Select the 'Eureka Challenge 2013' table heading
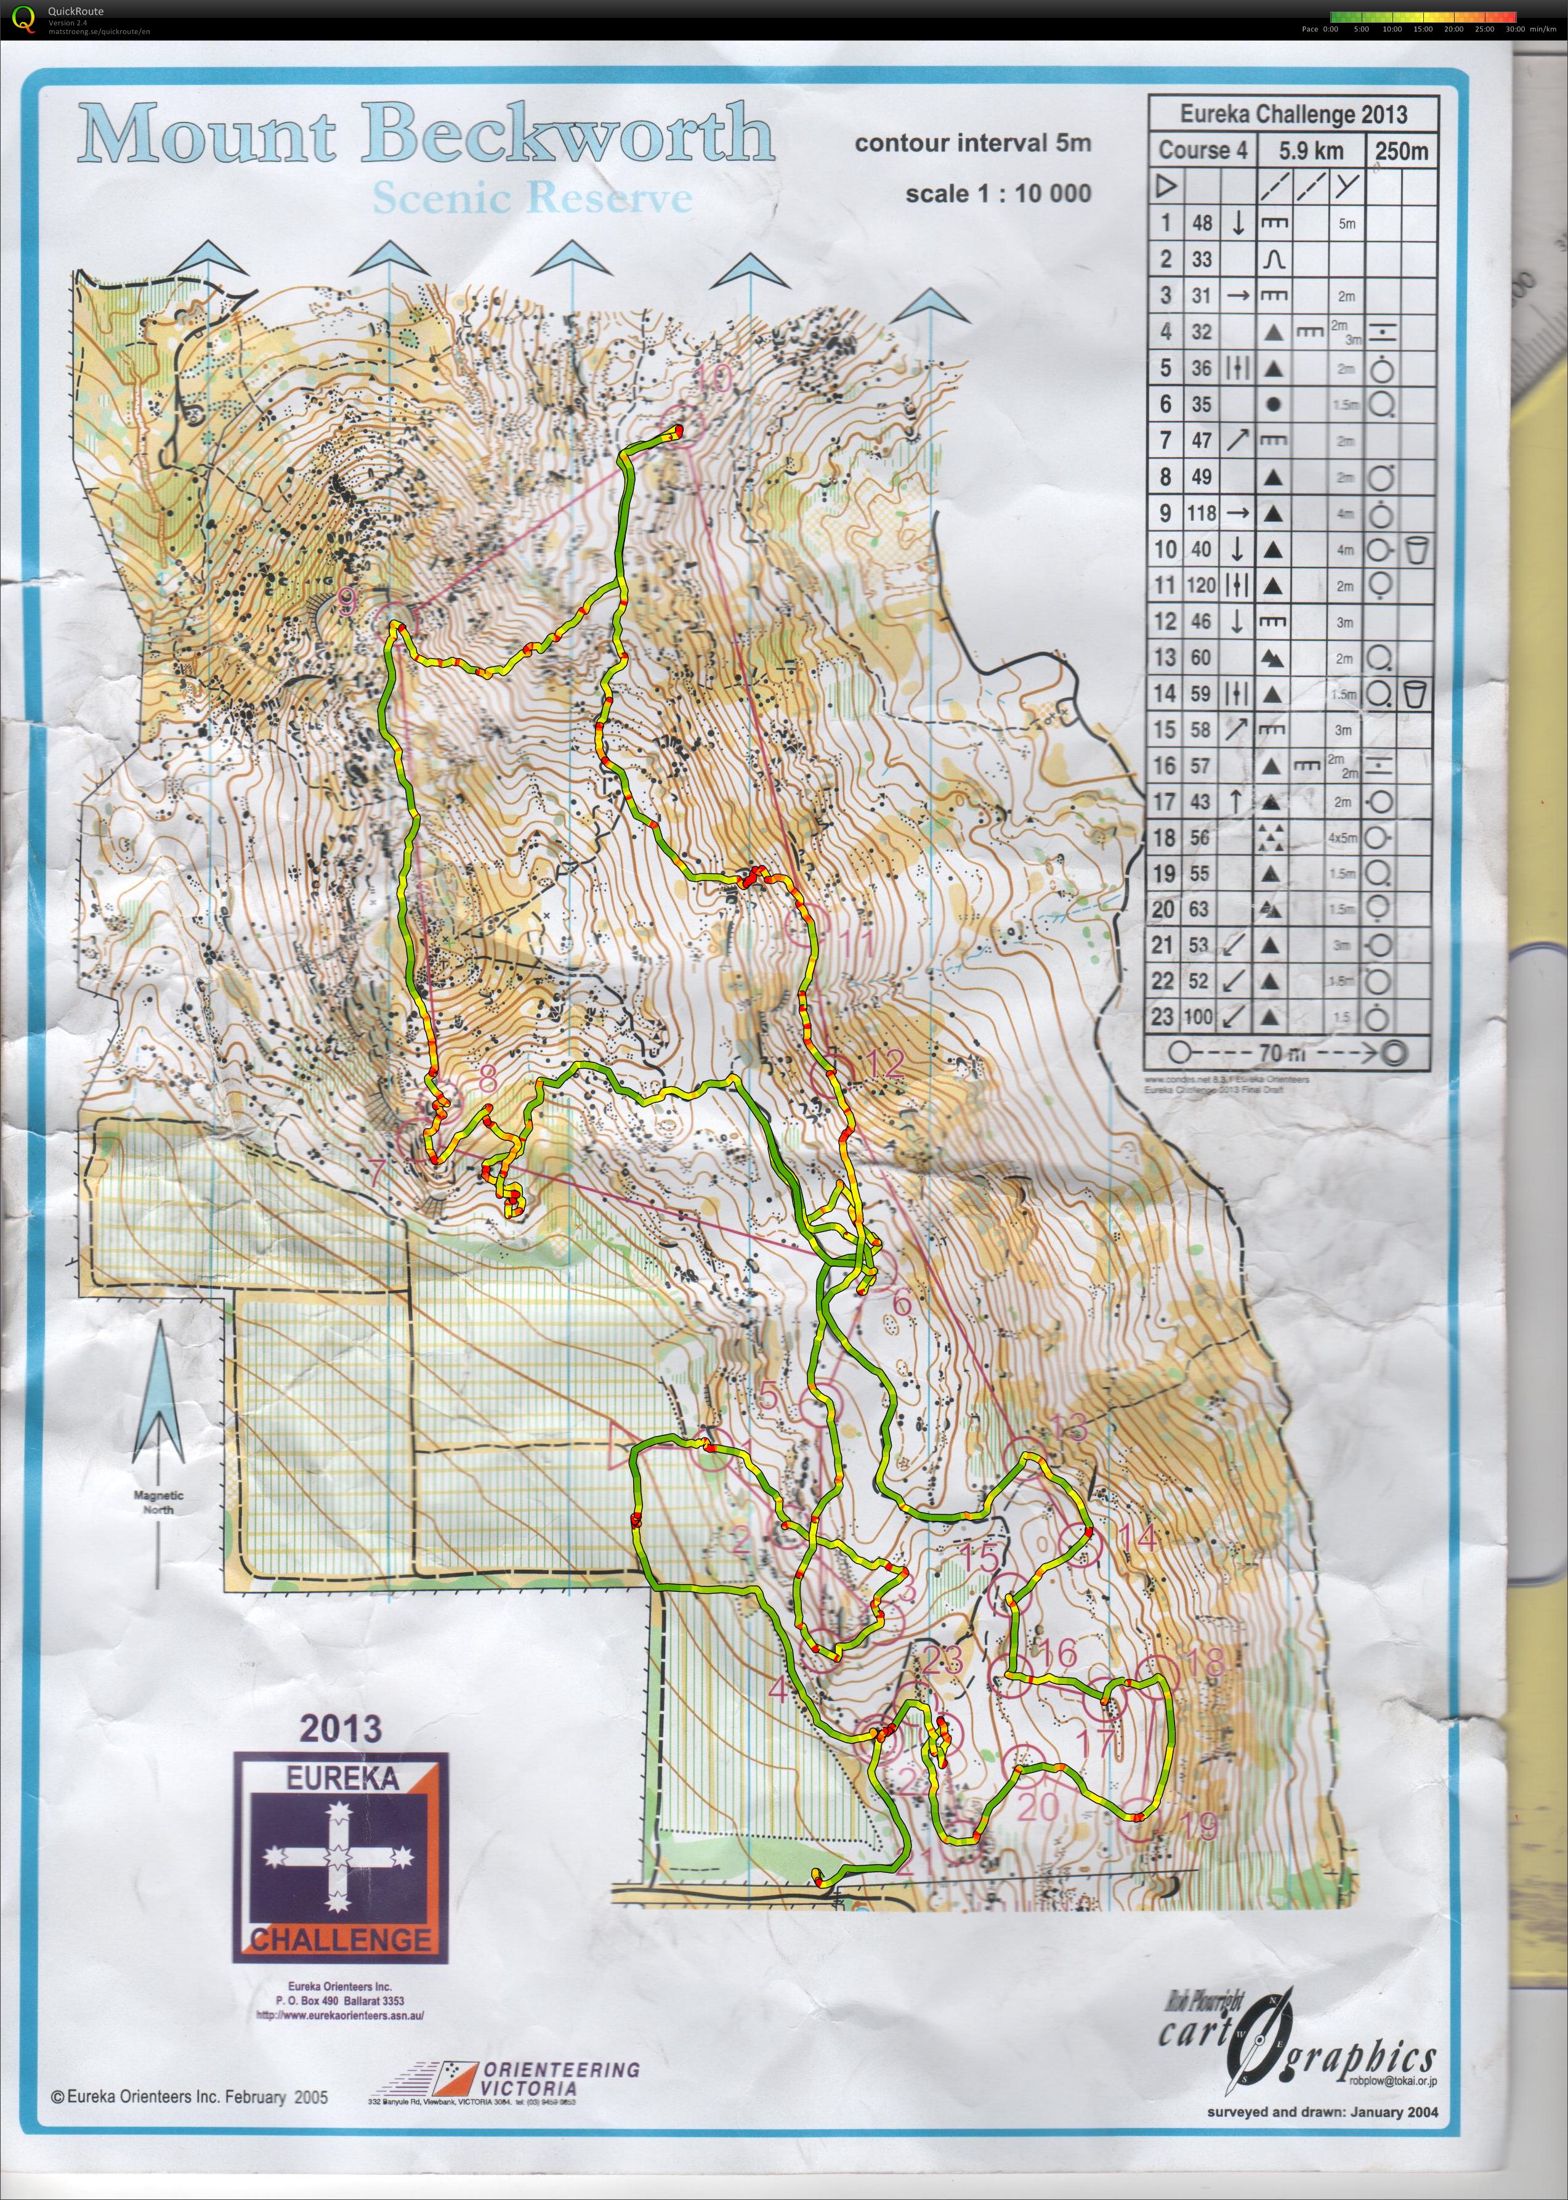[1293, 114]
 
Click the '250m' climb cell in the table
[1401, 151]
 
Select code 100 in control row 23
[1198, 1017]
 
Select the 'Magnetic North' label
[158, 1503]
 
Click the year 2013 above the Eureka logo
[340, 1727]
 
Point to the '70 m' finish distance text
[1283, 1053]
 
